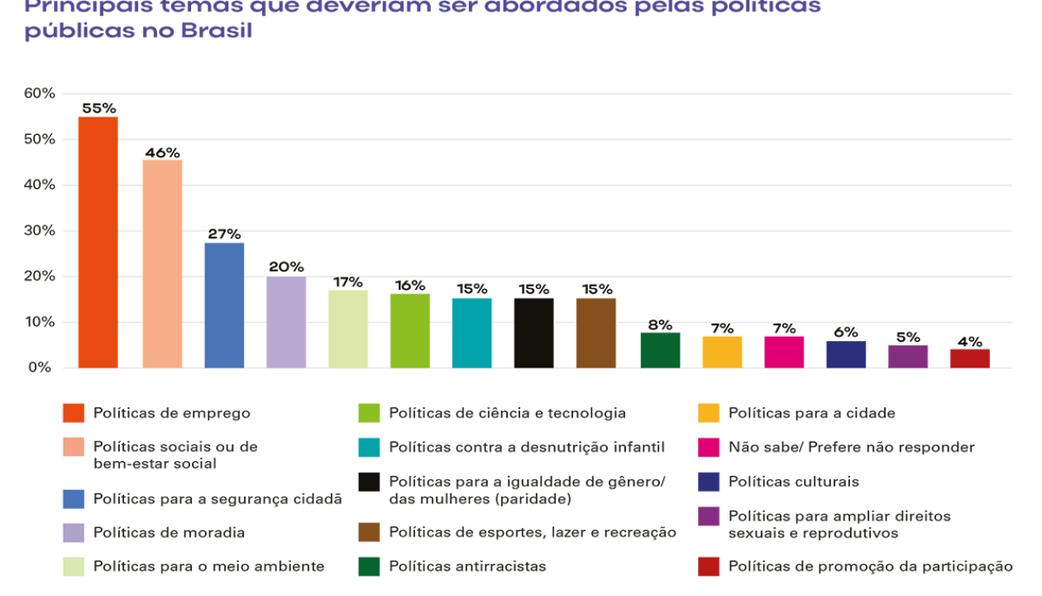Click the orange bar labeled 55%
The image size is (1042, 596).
pyautogui.click(x=98, y=242)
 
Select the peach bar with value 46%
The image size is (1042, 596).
pyautogui.click(x=162, y=263)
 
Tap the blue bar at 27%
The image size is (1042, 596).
pyautogui.click(x=224, y=305)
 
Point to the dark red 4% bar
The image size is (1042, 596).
pyautogui.click(x=970, y=358)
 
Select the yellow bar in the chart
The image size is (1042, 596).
pyautogui.click(x=722, y=352)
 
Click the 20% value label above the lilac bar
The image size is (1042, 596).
pyautogui.click(x=286, y=267)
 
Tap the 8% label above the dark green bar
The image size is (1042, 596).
pyautogui.click(x=660, y=324)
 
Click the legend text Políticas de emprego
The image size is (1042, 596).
pyautogui.click(x=171, y=413)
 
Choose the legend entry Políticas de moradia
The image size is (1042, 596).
pyautogui.click(x=169, y=532)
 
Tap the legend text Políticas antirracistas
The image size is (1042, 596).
pyautogui.click(x=467, y=567)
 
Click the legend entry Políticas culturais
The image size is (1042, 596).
pyautogui.click(x=793, y=482)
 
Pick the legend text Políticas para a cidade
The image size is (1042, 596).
pyautogui.click(x=811, y=413)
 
